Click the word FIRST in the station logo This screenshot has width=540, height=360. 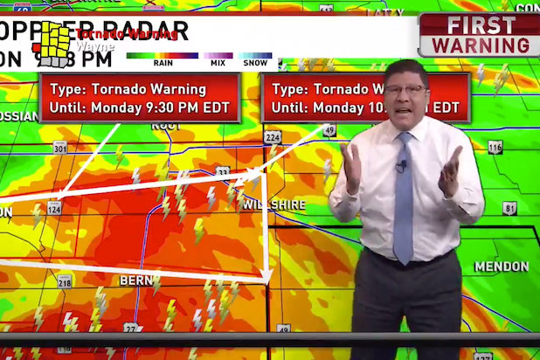point(481,25)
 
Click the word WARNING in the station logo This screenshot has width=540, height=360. point(481,45)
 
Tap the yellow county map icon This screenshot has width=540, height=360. point(55,44)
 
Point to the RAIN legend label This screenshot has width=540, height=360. point(163,62)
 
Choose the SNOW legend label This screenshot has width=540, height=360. point(255,62)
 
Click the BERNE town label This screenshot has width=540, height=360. point(136,280)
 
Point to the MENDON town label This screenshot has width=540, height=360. point(501,266)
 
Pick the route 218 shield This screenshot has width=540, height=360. point(65,281)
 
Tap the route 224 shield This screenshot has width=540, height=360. point(273,138)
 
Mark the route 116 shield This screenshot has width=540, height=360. point(495,148)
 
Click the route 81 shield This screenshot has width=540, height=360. point(509,208)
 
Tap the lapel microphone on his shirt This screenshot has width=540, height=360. point(401,164)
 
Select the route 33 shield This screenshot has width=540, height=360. point(224,173)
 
